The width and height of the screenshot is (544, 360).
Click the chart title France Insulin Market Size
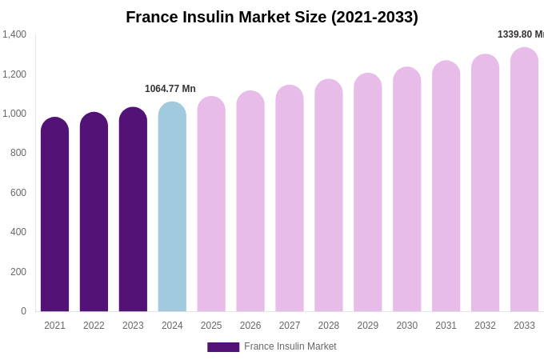click(x=272, y=17)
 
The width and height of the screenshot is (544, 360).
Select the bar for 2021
click(x=54, y=216)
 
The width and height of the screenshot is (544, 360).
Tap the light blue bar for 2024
click(x=172, y=208)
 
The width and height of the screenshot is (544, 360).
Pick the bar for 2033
click(x=524, y=180)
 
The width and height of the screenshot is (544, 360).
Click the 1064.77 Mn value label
click(x=170, y=89)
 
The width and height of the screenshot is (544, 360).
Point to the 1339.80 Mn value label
click(x=521, y=34)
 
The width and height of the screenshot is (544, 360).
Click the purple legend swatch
click(x=223, y=347)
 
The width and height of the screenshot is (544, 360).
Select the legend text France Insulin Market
click(x=290, y=346)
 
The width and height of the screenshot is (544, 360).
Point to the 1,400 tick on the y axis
click(x=14, y=34)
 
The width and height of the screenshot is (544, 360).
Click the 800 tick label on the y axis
click(x=18, y=153)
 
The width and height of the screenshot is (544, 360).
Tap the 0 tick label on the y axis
click(x=23, y=311)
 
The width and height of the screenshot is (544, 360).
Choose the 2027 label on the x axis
click(x=290, y=326)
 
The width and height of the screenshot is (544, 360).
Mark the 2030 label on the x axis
click(x=407, y=326)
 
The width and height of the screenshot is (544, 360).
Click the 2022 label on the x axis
click(x=94, y=326)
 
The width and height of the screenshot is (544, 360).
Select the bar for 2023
click(x=133, y=210)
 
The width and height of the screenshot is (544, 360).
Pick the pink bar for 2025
click(x=211, y=205)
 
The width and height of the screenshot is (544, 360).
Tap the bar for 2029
click(x=368, y=193)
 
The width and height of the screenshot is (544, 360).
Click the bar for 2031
click(x=446, y=186)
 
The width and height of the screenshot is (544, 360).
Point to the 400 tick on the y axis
click(x=18, y=232)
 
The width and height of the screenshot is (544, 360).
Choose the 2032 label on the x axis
click(x=485, y=326)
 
